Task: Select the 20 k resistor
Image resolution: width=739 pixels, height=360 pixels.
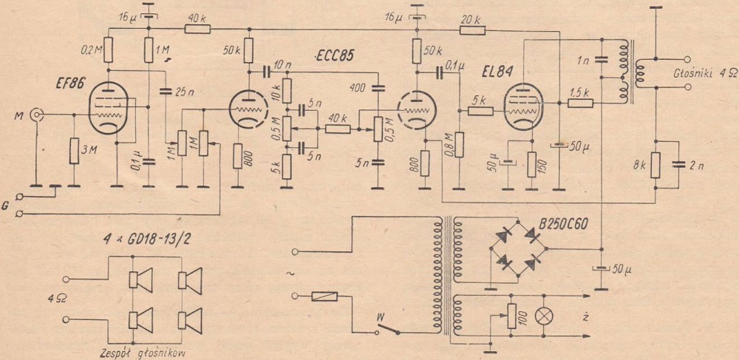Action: point(472,30)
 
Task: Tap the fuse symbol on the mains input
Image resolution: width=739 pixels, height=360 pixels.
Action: point(325,297)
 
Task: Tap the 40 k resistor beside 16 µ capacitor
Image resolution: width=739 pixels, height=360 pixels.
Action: point(197,30)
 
